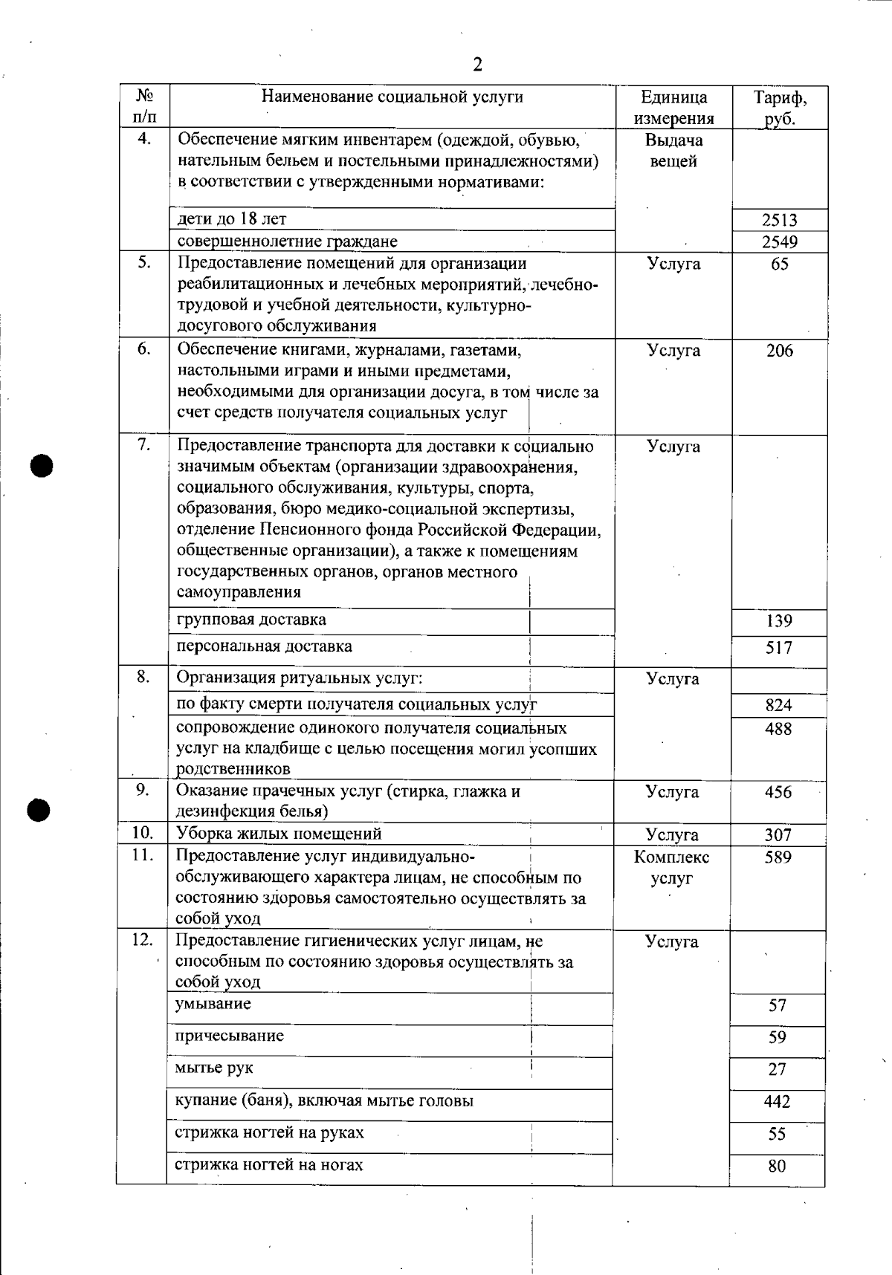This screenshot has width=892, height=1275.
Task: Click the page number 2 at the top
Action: [477, 65]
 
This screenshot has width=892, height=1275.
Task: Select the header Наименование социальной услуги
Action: [392, 97]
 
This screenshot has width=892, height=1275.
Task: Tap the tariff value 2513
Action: [779, 220]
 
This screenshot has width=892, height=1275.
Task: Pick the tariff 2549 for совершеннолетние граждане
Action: [779, 241]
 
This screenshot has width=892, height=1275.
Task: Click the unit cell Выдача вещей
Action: [673, 151]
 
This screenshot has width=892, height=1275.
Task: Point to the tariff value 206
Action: [779, 351]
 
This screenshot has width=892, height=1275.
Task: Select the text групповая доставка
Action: [251, 620]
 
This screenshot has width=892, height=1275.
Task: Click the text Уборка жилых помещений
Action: [279, 834]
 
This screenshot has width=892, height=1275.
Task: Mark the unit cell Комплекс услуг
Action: [672, 868]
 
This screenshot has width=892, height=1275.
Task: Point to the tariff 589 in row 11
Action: [778, 857]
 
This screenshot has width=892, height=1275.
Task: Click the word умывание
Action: [213, 1005]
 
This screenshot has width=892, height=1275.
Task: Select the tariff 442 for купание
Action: [777, 1102]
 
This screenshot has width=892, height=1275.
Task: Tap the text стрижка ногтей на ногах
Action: [269, 1165]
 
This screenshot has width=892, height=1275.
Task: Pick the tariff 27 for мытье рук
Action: [777, 1070]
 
